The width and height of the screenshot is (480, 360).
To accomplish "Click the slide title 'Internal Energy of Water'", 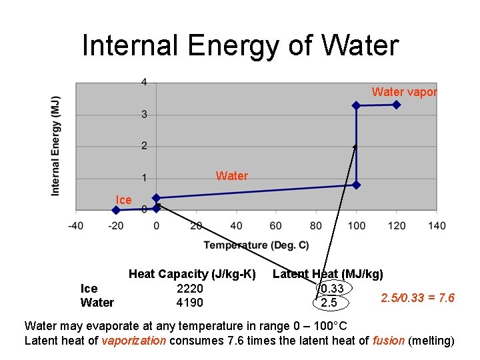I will (x=240, y=45).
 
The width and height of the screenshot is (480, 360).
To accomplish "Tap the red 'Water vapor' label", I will (x=404, y=92).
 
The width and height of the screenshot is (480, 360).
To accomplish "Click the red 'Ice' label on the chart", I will (x=123, y=200).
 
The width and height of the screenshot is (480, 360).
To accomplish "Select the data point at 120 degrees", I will (x=397, y=105).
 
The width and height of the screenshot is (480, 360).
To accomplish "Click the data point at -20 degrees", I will (x=116, y=209).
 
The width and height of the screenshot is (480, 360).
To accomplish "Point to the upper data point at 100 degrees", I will (x=356, y=105).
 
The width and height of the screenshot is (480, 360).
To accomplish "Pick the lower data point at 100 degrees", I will (x=356, y=185).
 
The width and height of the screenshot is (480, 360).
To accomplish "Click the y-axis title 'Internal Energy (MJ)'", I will (x=56, y=145).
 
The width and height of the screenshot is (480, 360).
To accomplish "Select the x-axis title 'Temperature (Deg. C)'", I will (x=256, y=246).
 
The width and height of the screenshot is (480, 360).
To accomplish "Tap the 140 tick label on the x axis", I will (x=436, y=225).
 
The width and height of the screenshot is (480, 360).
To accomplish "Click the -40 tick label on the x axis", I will (x=76, y=225).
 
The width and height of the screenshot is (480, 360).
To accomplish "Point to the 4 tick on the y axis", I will (x=144, y=83).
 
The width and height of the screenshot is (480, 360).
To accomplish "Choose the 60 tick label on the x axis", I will (x=276, y=225).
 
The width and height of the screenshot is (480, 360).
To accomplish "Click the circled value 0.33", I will (x=331, y=289).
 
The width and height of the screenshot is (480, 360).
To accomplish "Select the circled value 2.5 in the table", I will (x=329, y=303).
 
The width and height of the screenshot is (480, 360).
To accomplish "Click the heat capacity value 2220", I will (x=189, y=289).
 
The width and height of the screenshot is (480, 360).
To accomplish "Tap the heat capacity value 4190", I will (x=189, y=303).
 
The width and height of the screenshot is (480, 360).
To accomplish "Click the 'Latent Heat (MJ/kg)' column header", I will (x=328, y=274).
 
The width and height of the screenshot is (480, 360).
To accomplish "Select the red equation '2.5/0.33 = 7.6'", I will (x=417, y=297).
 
